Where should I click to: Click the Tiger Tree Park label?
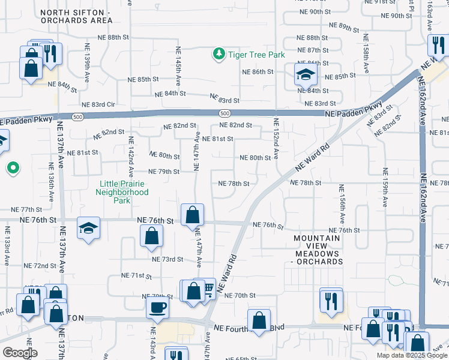(256, 55)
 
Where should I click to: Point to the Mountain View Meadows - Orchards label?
(317, 250)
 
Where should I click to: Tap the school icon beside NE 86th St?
(306, 76)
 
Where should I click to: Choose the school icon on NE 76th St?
(88, 228)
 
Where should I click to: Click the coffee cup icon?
(158, 308)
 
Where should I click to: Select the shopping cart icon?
(207, 290)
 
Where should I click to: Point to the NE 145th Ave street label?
(178, 66)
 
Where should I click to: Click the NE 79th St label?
(164, 172)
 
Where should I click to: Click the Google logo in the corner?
(20, 352)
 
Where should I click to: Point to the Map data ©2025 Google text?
(412, 355)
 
